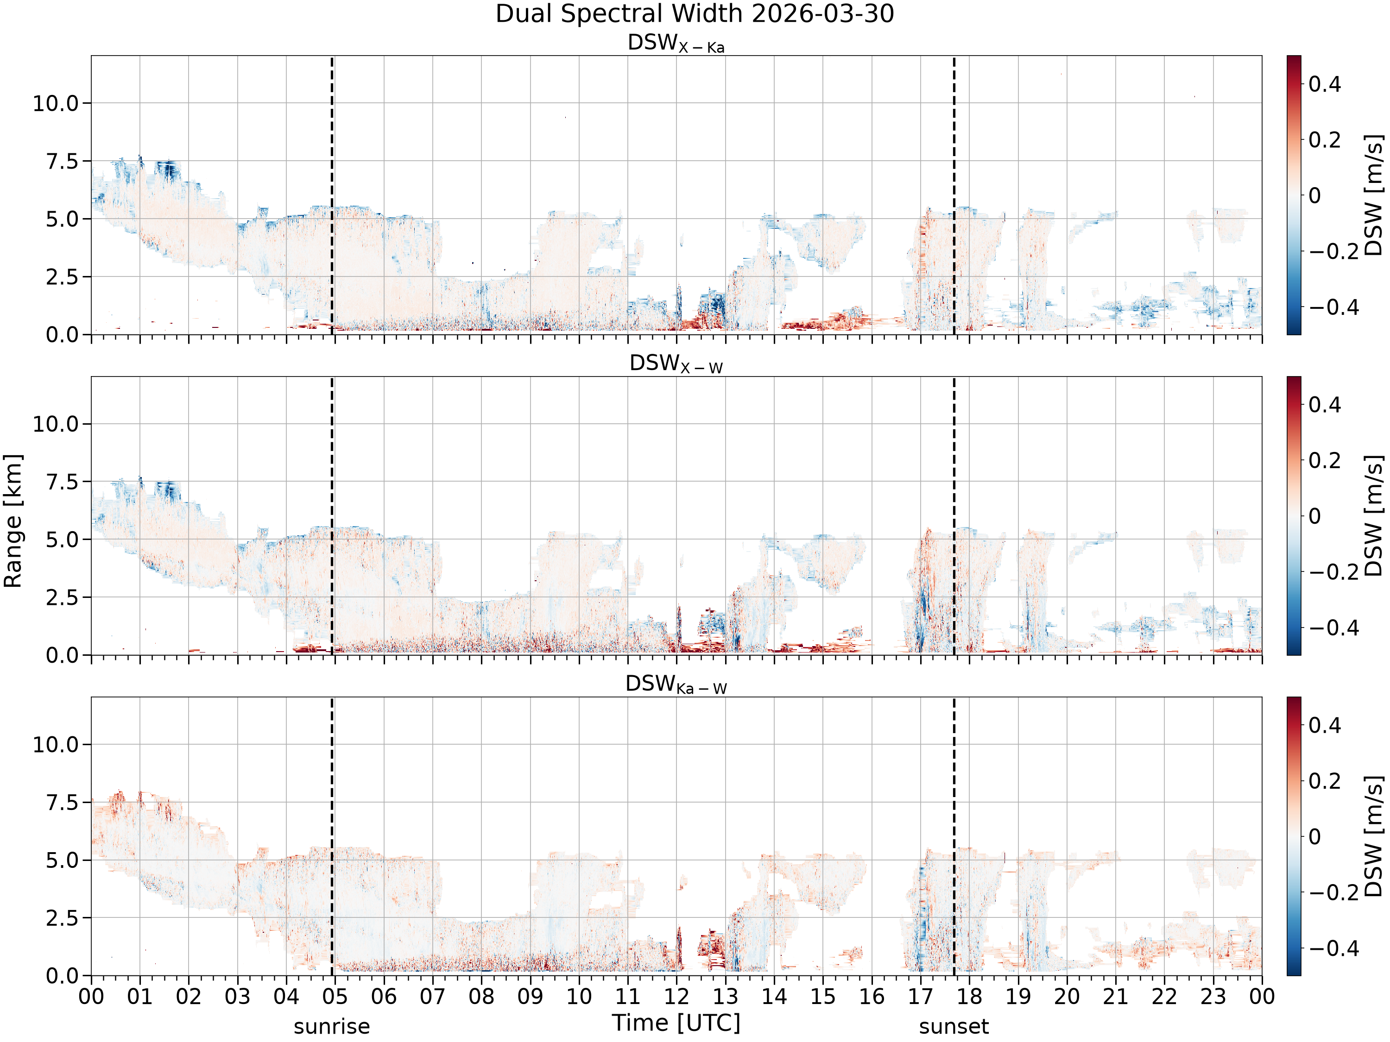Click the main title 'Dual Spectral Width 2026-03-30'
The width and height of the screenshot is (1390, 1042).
coord(695,14)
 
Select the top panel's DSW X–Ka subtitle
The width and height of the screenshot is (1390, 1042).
coord(676,44)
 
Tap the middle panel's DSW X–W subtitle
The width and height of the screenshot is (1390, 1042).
coord(676,364)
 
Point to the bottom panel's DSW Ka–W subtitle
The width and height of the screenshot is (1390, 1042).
coord(676,684)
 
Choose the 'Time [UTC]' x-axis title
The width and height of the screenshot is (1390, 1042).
coord(676,1023)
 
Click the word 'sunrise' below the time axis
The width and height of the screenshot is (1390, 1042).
coord(332,1027)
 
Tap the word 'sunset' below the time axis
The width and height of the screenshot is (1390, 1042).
coord(954,1027)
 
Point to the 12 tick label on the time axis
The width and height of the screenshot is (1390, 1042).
coord(677,997)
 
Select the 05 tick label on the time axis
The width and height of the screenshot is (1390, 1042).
coord(335,997)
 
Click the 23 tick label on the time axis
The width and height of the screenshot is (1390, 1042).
coord(1213,997)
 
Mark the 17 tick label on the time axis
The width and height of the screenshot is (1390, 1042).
coord(921,997)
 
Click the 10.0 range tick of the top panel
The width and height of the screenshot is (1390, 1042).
coord(57,103)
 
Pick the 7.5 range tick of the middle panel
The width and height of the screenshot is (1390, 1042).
coord(63,482)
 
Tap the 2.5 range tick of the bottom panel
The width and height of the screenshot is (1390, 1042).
coord(63,918)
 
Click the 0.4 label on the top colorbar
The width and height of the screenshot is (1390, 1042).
coord(1325,83)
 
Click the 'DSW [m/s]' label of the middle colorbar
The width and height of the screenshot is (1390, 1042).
coord(1374,515)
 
